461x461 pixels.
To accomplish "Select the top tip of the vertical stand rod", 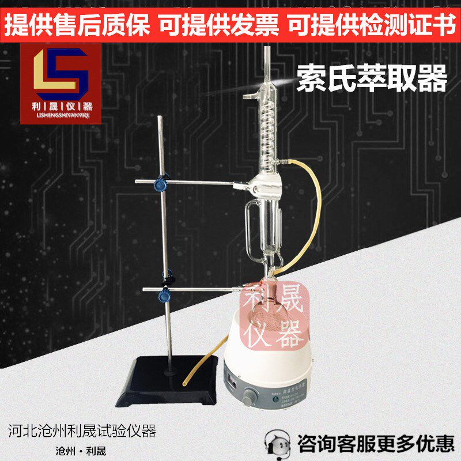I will pos(162,118).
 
